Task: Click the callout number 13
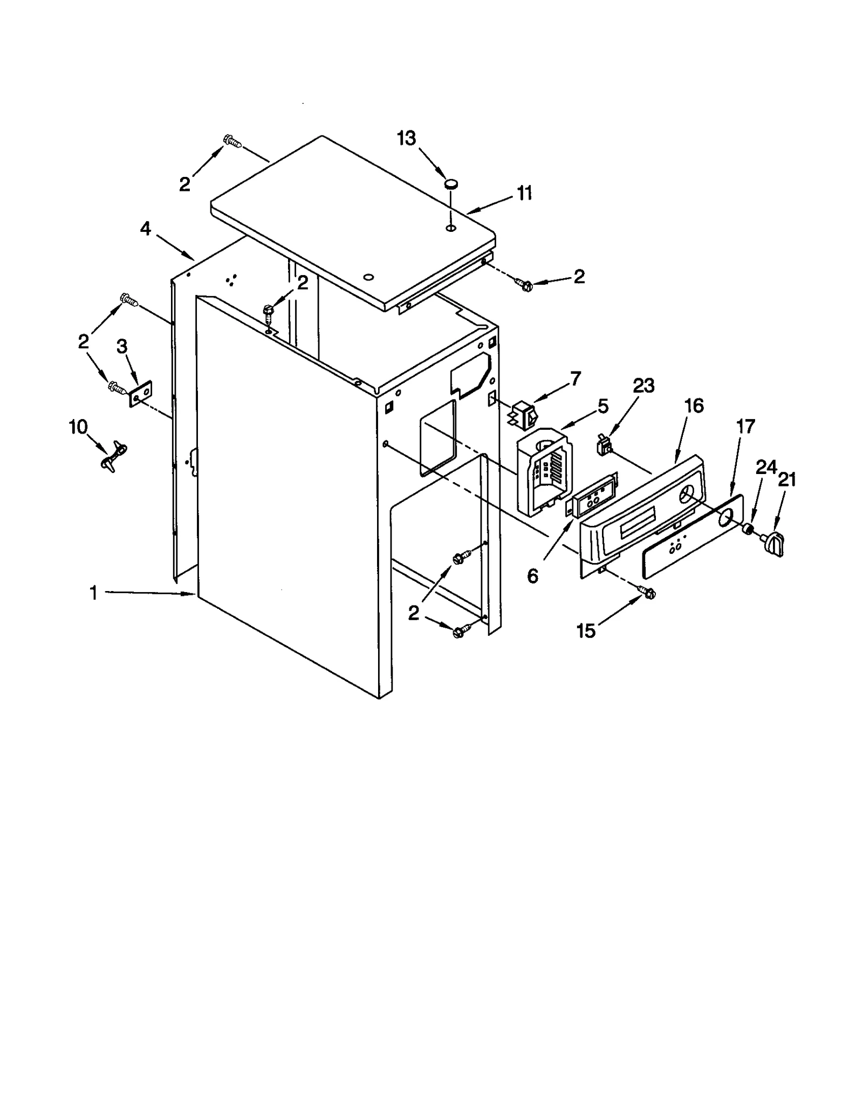[x=407, y=139]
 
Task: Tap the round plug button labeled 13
[x=451, y=184]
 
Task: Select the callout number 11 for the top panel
[x=524, y=193]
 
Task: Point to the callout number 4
[x=146, y=229]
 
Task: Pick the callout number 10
[x=78, y=427]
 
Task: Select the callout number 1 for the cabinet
[x=93, y=593]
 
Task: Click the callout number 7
[x=576, y=379]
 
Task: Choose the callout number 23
[x=643, y=386]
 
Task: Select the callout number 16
[x=694, y=406]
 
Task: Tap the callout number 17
[x=745, y=427]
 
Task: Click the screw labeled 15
[x=646, y=591]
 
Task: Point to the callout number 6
[x=532, y=576]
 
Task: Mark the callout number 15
[x=586, y=630]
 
